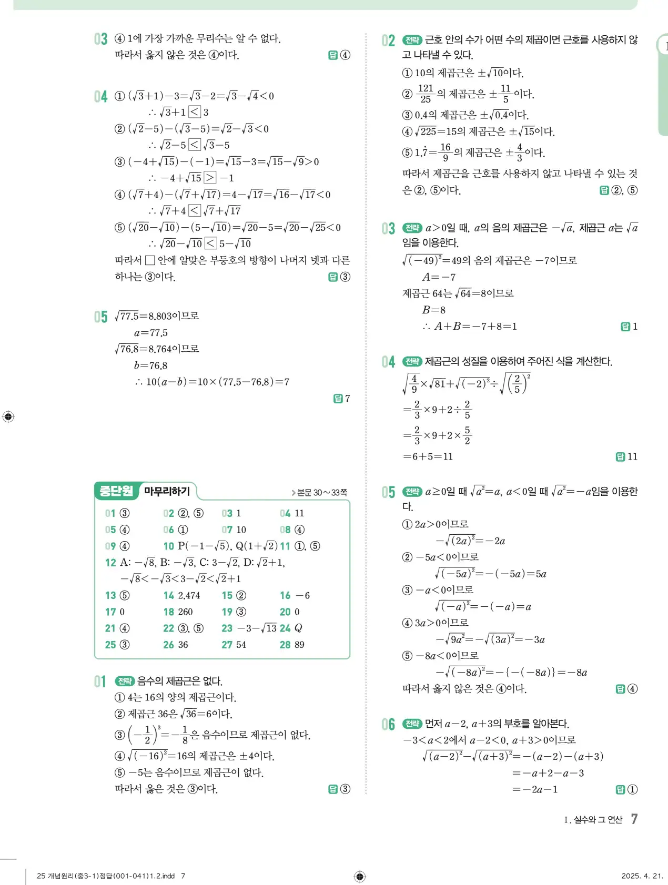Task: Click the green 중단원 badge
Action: click(116, 491)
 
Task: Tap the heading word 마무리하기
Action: click(167, 491)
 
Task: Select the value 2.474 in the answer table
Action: click(189, 595)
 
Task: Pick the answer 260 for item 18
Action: click(185, 612)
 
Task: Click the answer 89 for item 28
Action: click(299, 645)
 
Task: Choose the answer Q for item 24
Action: click(298, 628)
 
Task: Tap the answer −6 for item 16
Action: click(302, 595)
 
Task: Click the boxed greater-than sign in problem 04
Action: click(209, 178)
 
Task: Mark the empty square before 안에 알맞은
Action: click(149, 260)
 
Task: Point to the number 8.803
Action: click(160, 316)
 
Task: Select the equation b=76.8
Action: click(150, 365)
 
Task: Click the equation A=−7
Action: click(439, 277)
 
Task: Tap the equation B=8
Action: click(433, 310)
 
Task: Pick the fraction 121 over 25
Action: click(425, 94)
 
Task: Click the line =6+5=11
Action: click(428, 456)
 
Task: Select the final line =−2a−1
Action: click(534, 789)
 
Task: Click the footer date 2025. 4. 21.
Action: click(642, 876)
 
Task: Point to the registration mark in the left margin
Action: click(8, 417)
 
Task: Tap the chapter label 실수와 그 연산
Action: click(598, 819)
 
